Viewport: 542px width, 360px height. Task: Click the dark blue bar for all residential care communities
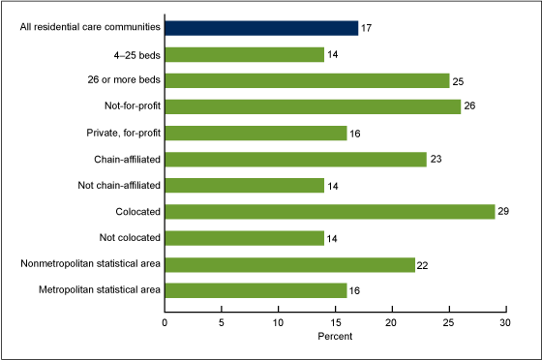[x=261, y=28]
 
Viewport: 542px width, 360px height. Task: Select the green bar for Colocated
[x=329, y=211]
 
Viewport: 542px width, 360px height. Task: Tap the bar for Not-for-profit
[x=313, y=106]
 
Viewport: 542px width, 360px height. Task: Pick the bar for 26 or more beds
[x=307, y=80]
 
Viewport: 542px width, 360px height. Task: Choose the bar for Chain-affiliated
[x=295, y=159]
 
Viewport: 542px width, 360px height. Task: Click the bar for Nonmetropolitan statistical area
[x=289, y=263]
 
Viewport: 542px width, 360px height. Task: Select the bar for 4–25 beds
[x=244, y=54]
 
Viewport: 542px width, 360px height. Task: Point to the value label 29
[x=502, y=211]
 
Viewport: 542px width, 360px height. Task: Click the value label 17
[x=366, y=28]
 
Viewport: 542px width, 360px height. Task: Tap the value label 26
[x=468, y=106]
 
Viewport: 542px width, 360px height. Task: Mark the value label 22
[x=423, y=263]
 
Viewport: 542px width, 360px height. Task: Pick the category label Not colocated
[x=126, y=237]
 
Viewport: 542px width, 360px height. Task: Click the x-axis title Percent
[x=335, y=337]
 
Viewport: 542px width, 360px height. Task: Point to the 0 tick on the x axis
[x=165, y=320]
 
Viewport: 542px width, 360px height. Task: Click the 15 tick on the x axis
[x=335, y=320]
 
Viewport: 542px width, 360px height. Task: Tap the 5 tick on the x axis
[x=222, y=320]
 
